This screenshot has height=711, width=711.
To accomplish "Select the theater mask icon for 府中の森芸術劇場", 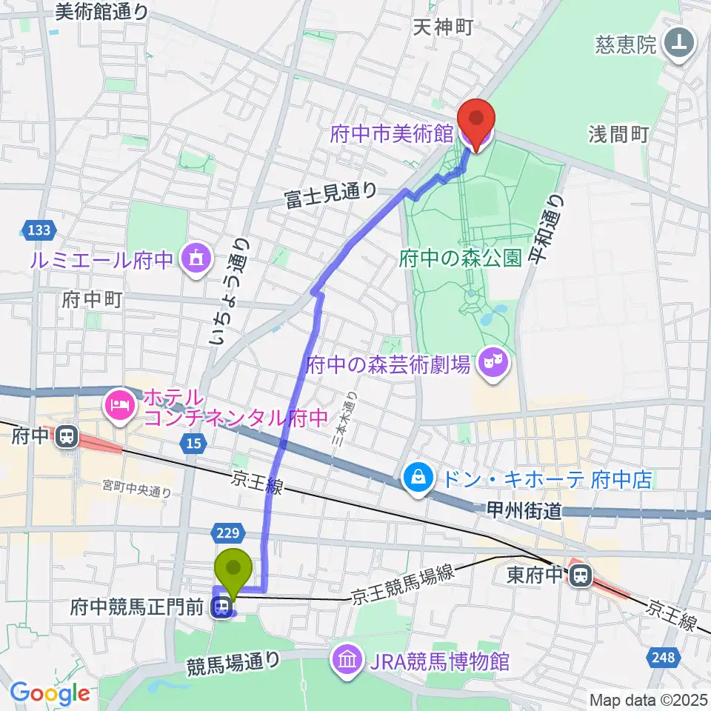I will pyautogui.click(x=491, y=362).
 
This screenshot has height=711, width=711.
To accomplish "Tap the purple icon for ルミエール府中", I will pyautogui.click(x=196, y=259).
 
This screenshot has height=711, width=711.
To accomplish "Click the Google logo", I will pyautogui.click(x=50, y=692).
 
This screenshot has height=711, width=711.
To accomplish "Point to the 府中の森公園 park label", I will pyautogui.click(x=461, y=258).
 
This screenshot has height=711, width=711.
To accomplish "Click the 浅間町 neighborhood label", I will pyautogui.click(x=619, y=134).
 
